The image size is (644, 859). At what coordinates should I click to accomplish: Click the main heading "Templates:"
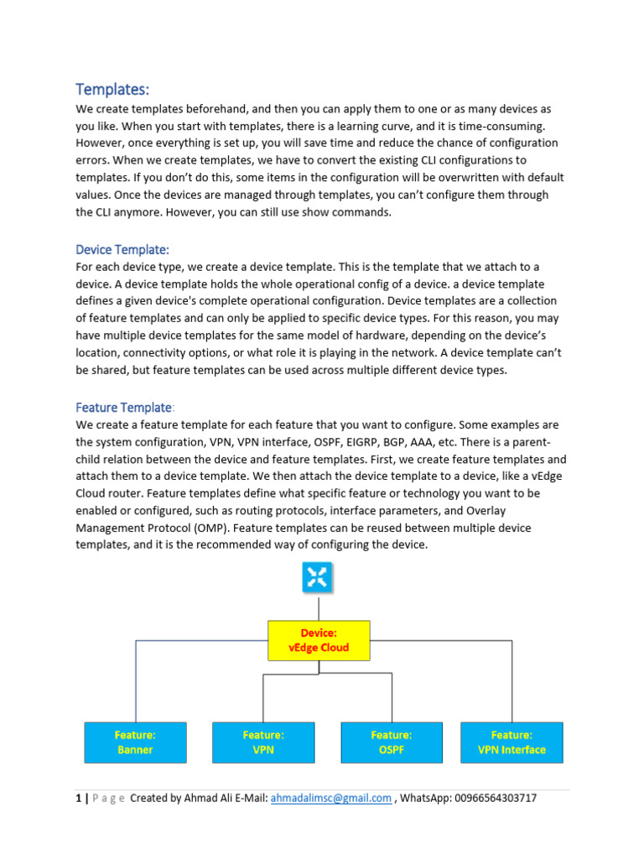[112, 89]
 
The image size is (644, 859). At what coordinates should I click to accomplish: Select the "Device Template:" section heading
[122, 249]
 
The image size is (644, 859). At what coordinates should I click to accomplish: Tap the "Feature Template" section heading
[124, 407]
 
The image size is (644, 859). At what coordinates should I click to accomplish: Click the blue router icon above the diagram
[318, 577]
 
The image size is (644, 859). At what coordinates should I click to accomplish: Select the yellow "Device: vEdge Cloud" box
[318, 640]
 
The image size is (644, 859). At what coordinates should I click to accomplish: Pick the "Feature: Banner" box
[135, 742]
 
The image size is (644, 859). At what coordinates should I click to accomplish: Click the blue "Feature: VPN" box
[263, 742]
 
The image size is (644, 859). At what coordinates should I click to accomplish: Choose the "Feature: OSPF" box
[392, 742]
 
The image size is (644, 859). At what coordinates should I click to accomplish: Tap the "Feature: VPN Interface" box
[512, 742]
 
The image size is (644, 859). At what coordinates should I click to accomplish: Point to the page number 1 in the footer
[79, 799]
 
